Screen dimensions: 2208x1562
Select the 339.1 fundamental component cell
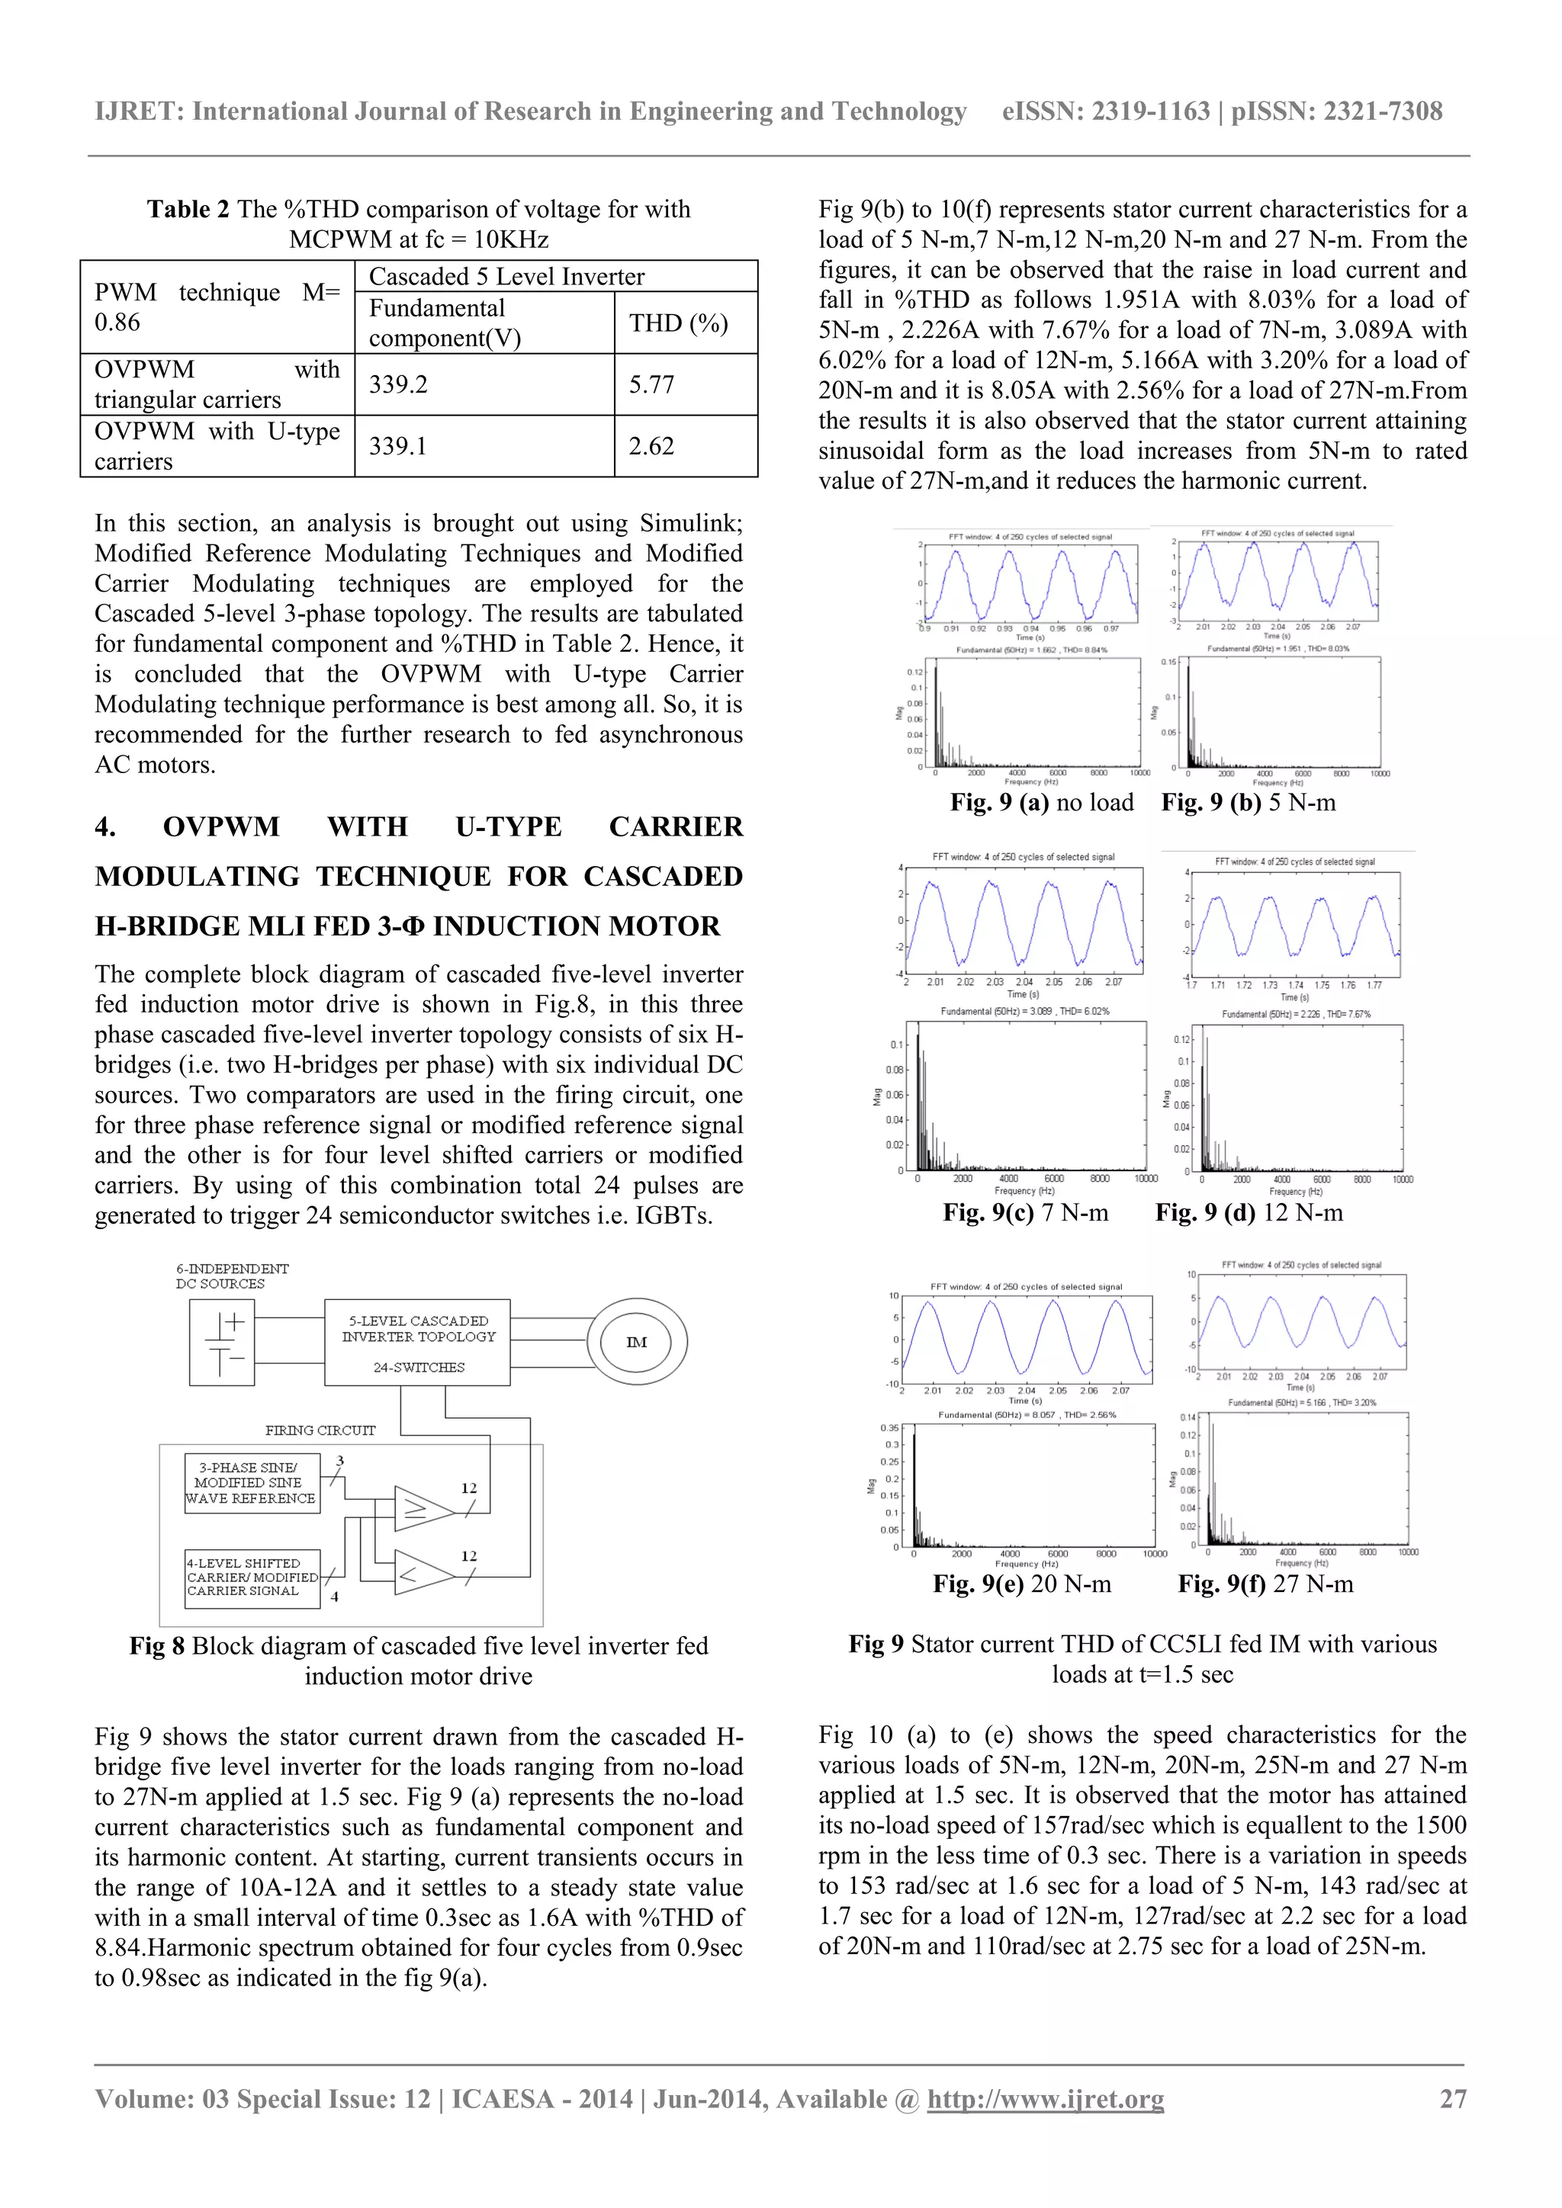[x=398, y=446]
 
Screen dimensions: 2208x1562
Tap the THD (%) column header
[x=678, y=323]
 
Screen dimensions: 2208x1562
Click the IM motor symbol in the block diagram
[x=636, y=1343]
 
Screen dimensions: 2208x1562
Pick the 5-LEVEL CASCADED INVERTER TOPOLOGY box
[x=417, y=1343]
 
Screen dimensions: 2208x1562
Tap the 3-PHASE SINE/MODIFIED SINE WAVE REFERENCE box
[x=251, y=1483]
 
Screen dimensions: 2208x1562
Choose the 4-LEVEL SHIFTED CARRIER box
[x=251, y=1577]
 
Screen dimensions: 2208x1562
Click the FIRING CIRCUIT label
[x=320, y=1430]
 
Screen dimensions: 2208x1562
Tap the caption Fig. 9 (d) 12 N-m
[x=1249, y=1213]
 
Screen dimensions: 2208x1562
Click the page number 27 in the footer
[x=1452, y=2098]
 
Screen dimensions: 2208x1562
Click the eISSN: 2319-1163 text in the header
[x=1105, y=111]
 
